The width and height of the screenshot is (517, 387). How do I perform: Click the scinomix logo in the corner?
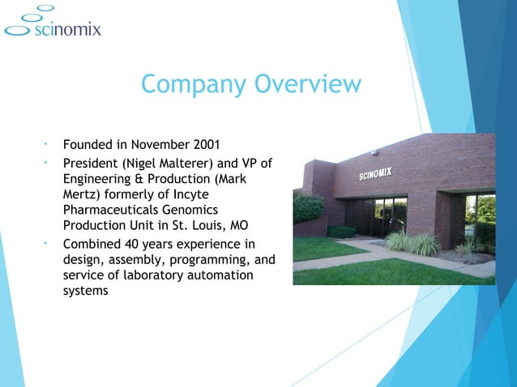[52, 24]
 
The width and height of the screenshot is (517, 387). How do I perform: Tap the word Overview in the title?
[308, 84]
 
